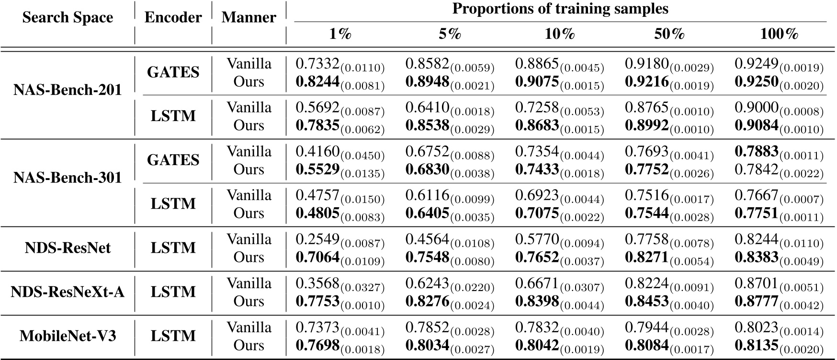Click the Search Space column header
[68, 18]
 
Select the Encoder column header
[173, 18]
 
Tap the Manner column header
[249, 18]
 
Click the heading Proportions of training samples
[560, 9]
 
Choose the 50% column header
[669, 34]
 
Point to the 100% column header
[779, 34]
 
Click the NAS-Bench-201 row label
[68, 90]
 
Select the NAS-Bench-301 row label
[68, 178]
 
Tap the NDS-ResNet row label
[68, 247]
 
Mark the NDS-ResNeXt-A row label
[68, 292]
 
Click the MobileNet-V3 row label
[68, 336]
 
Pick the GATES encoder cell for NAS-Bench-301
[173, 160]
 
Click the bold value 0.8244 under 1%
[317, 82]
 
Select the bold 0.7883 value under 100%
[757, 152]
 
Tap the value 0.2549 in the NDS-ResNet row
[317, 239]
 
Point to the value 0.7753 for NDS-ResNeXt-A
[317, 302]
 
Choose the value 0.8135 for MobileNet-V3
[757, 346]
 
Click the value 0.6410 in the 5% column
[427, 108]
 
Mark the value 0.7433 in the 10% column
[537, 170]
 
